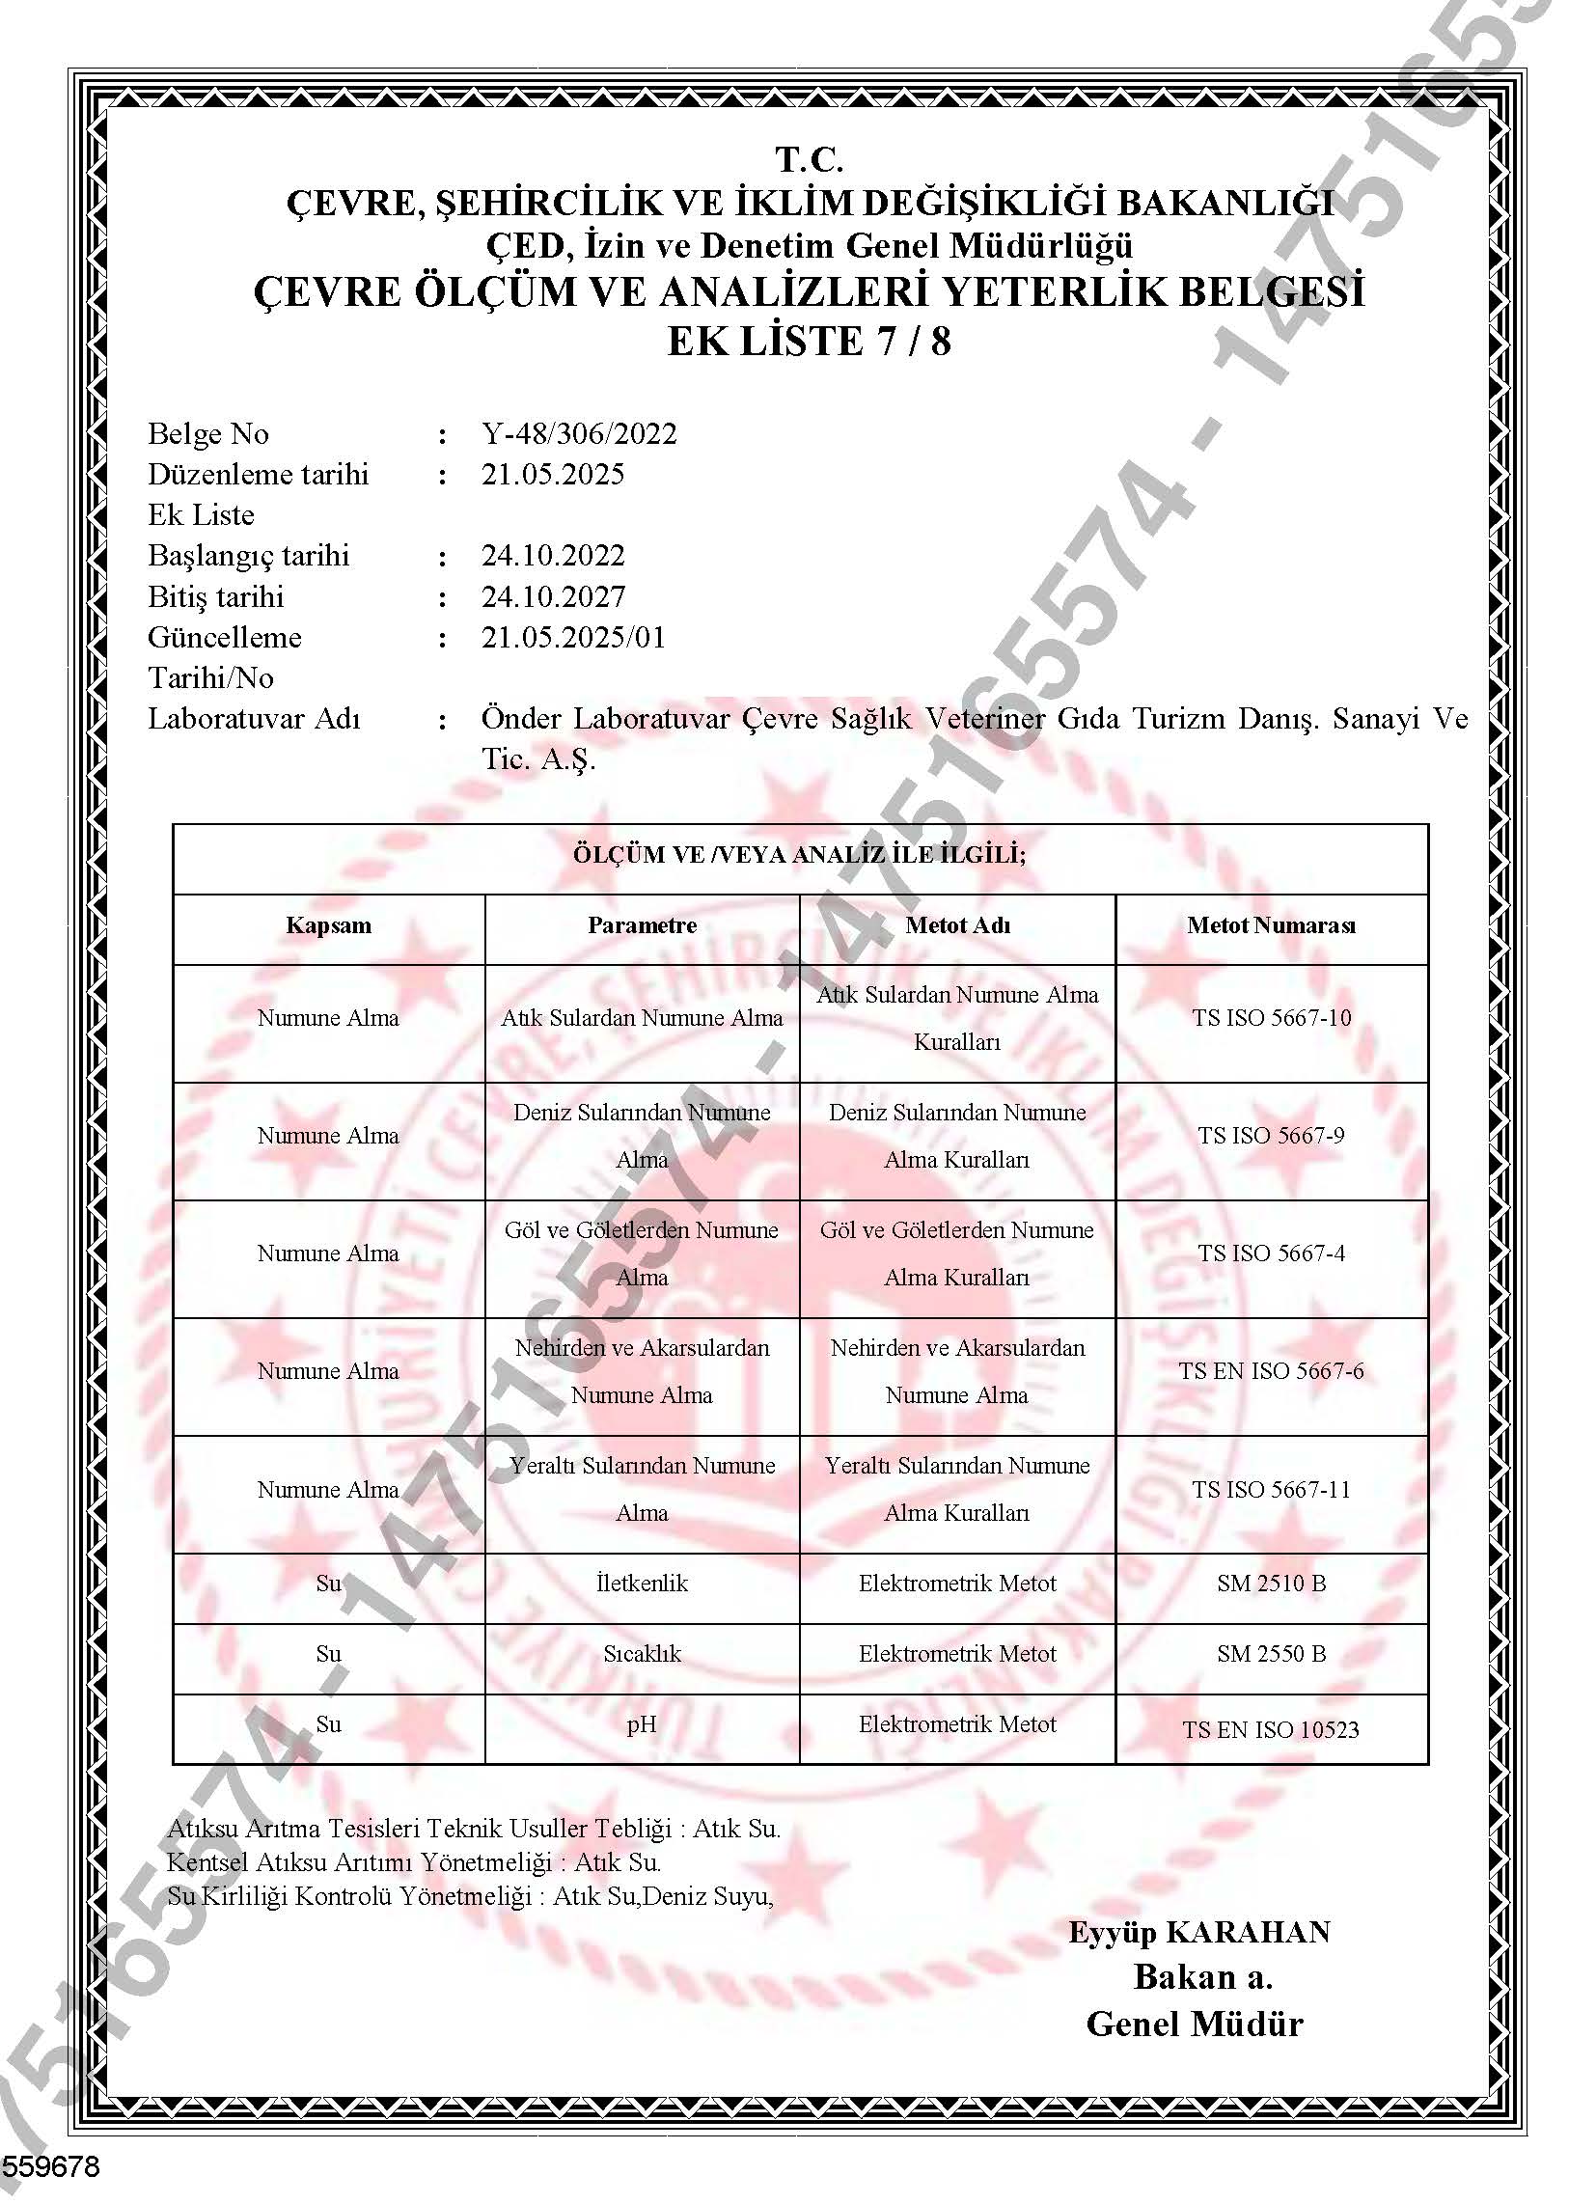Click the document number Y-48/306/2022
(578, 433)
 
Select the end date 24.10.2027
(553, 596)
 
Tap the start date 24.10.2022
(553, 556)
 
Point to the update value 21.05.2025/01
(572, 638)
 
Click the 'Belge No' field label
(208, 433)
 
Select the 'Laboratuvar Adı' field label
(254, 719)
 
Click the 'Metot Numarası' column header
(1271, 925)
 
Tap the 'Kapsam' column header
(328, 925)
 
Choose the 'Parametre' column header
(642, 925)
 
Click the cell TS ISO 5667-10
(1272, 1018)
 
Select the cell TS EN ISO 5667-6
(1271, 1371)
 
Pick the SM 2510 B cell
(1271, 1583)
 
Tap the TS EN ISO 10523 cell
(1271, 1730)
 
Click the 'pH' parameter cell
(642, 1724)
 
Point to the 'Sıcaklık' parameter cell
(642, 1654)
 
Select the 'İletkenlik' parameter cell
(642, 1583)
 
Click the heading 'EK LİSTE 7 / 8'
(809, 342)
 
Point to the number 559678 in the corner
(50, 2166)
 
